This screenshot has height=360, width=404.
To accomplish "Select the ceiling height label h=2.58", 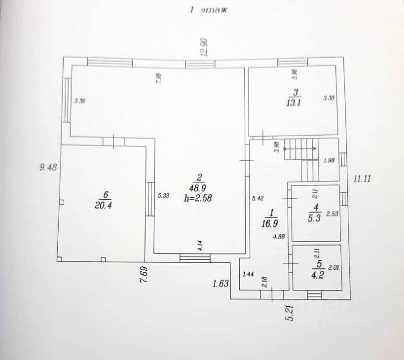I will pos(199,199).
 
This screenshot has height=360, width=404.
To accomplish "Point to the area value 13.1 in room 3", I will pos(295,103).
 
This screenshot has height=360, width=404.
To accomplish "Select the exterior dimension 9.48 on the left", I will pos(48,167).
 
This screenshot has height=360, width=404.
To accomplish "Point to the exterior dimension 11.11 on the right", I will pos(363,179).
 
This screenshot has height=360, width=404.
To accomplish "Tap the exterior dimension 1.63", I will pos(220,283).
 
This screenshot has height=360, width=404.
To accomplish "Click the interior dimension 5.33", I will pos(163,196).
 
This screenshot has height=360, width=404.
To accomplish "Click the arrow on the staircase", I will pos(312,147).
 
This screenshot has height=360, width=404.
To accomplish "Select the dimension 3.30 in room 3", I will pos(329,98).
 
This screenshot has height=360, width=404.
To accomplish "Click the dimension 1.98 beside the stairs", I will pos(329,160).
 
